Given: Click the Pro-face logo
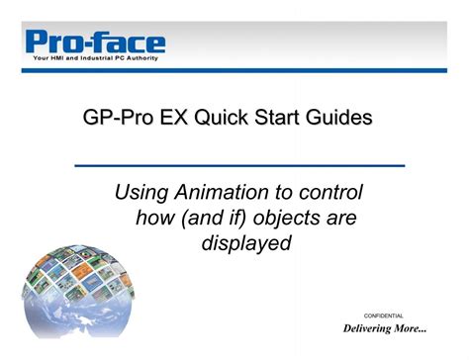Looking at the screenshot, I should [x=95, y=43].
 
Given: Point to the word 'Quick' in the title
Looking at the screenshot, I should [x=224, y=119].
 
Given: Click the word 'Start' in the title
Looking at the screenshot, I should [x=283, y=119].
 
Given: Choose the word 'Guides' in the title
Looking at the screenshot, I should [x=342, y=119].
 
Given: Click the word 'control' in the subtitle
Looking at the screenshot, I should [x=321, y=192].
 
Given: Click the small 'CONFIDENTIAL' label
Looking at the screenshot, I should [x=384, y=315].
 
